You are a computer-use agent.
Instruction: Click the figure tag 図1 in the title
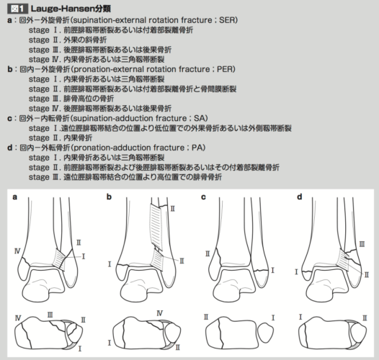(x=17, y=9)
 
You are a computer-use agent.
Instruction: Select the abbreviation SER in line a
(x=227, y=20)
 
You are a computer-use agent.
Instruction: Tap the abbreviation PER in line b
(x=225, y=69)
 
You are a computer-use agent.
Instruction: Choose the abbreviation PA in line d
(x=197, y=148)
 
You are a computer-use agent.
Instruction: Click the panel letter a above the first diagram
(x=15, y=197)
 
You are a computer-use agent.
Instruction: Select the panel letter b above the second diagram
(x=110, y=197)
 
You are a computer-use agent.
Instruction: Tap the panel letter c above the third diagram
(x=203, y=197)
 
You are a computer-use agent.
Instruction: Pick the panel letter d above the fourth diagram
(x=300, y=197)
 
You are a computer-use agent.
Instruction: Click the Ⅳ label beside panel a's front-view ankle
(x=17, y=251)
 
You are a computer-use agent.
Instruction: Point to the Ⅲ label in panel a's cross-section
(x=50, y=315)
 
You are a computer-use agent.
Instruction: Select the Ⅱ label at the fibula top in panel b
(x=173, y=209)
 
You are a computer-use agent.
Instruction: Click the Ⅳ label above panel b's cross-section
(x=160, y=313)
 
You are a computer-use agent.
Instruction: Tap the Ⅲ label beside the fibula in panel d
(x=362, y=244)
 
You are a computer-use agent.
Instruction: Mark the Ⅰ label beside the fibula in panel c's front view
(x=272, y=270)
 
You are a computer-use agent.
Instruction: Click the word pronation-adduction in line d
(x=111, y=148)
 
